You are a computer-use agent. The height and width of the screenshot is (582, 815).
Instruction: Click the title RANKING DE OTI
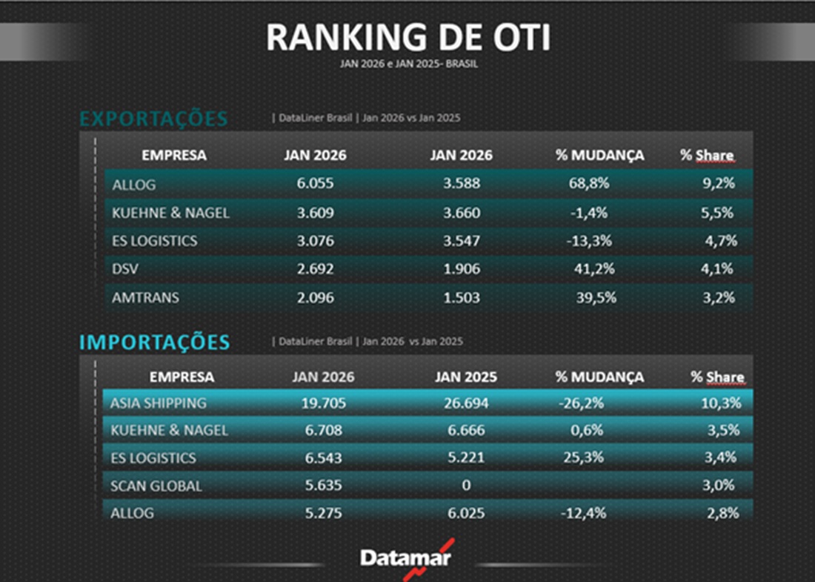408,37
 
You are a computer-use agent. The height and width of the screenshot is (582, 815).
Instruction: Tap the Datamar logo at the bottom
405,558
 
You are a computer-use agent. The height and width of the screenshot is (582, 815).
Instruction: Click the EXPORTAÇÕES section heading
153,119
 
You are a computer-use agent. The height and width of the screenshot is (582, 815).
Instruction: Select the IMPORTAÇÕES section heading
155,343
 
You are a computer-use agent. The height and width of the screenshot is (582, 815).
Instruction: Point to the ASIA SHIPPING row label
159,403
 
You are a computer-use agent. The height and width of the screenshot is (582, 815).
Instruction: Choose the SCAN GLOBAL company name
156,486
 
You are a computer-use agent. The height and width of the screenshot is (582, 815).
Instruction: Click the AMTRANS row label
145,297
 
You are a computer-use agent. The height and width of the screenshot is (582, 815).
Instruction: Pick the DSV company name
126,269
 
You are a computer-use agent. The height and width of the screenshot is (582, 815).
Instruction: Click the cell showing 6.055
315,184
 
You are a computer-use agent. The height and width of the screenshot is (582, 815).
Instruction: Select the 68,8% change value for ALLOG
590,184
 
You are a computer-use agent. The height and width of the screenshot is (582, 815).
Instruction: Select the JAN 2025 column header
466,377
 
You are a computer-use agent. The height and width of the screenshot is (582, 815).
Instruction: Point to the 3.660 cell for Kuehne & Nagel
461,213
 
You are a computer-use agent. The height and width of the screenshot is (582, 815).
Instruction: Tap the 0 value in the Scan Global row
466,486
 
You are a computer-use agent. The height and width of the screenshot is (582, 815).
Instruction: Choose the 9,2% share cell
717,184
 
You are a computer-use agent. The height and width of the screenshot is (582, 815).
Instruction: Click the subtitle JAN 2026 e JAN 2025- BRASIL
408,65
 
